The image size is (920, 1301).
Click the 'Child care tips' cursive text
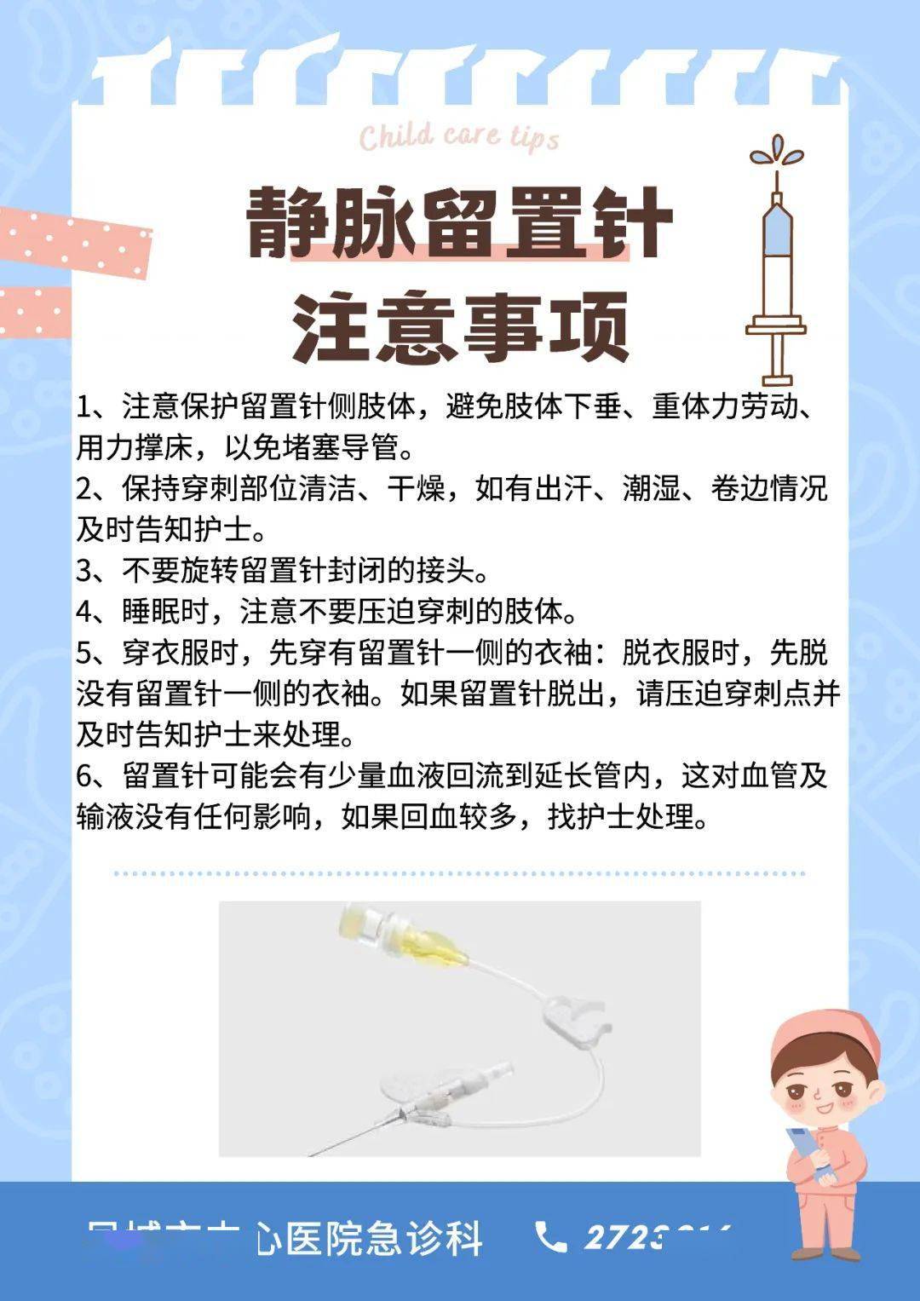459,137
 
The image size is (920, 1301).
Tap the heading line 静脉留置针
459,223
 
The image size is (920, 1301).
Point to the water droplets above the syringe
776,153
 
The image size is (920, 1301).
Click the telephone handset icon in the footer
550,1237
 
